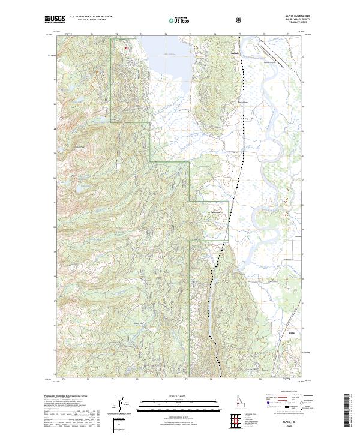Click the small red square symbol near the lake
(x=127, y=47)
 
